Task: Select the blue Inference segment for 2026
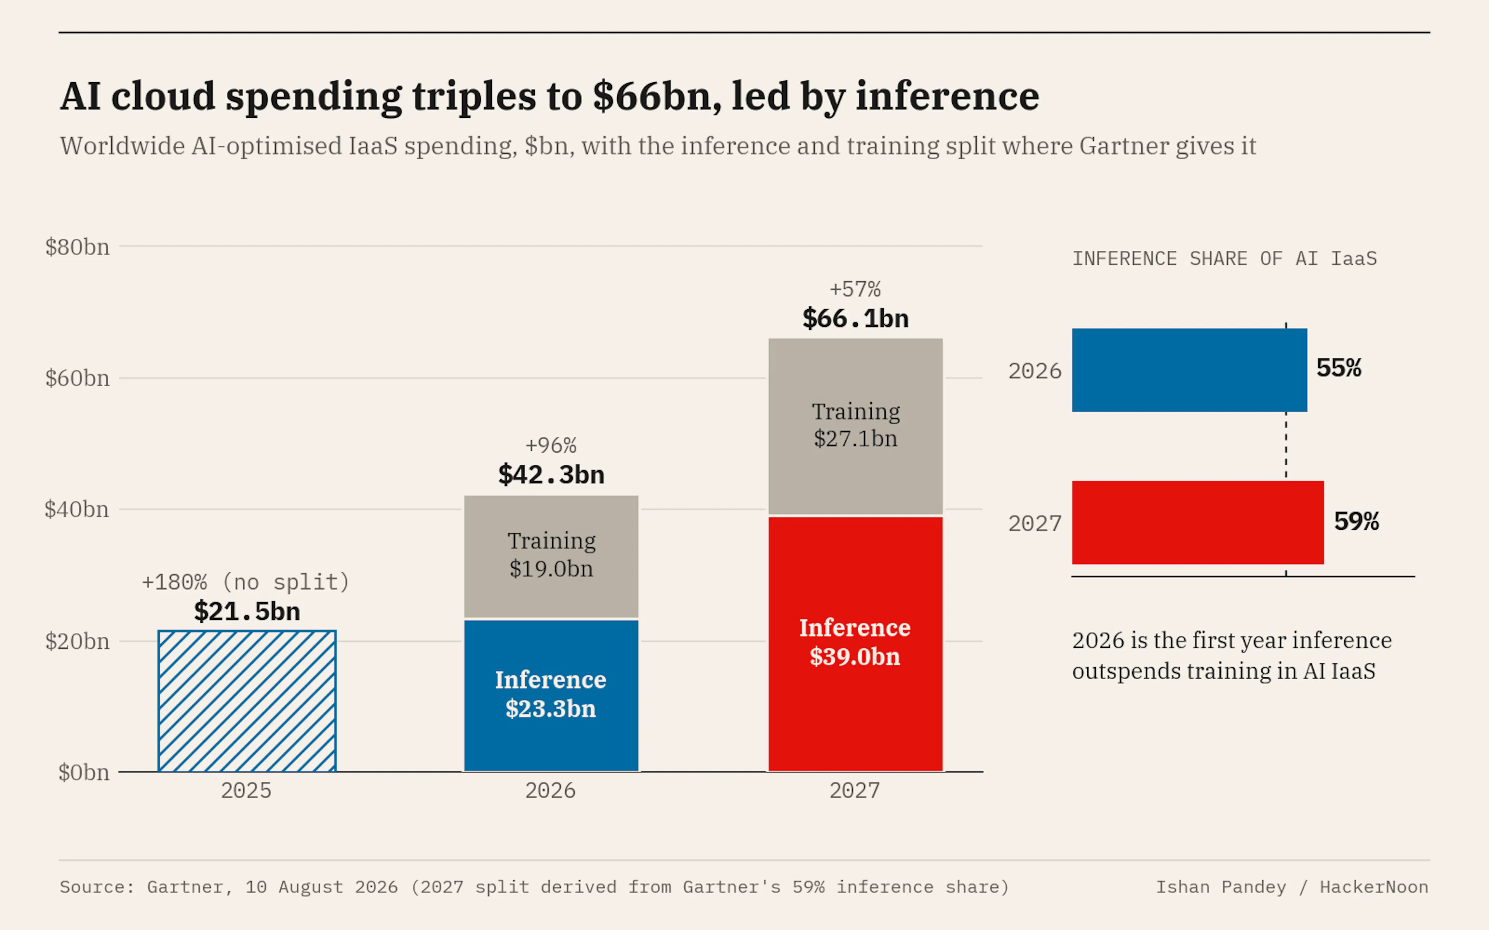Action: pos(551,696)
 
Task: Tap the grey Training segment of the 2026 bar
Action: pos(551,557)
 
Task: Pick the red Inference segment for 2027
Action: pos(855,644)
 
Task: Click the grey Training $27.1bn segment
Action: pos(855,426)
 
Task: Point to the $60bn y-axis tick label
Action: pos(78,378)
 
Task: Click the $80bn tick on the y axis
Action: pos(78,247)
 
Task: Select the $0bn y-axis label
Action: pos(84,773)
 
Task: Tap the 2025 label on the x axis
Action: pos(246,790)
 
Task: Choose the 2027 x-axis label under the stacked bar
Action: pos(855,790)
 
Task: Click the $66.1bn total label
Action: pos(855,319)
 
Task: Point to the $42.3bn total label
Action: pos(551,475)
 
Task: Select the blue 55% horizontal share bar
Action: pos(1189,370)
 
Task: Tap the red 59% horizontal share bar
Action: pos(1198,523)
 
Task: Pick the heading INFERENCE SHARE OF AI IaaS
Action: pos(1225,259)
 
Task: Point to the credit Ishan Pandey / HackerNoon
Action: pos(1292,887)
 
